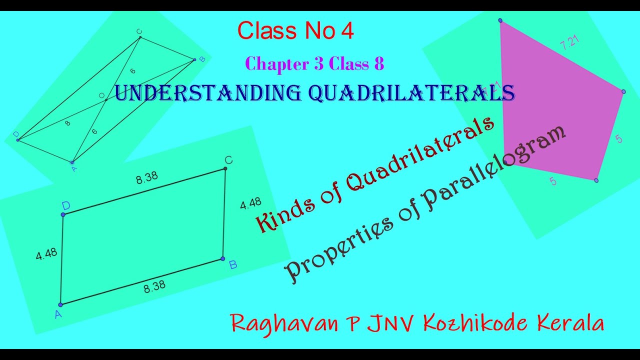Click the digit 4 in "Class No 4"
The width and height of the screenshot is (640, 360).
(347, 31)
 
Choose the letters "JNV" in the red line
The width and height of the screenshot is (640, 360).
(391, 323)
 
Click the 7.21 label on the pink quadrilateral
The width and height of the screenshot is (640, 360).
(570, 42)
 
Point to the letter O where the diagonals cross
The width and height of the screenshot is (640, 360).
(101, 95)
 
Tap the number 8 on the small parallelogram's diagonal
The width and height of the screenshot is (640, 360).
(68, 122)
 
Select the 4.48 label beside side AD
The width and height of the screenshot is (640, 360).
(46, 254)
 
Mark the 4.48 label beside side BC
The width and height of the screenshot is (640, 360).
(250, 203)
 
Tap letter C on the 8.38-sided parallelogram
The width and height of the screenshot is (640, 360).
(228, 160)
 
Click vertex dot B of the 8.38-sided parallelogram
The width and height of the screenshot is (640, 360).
(223, 259)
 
